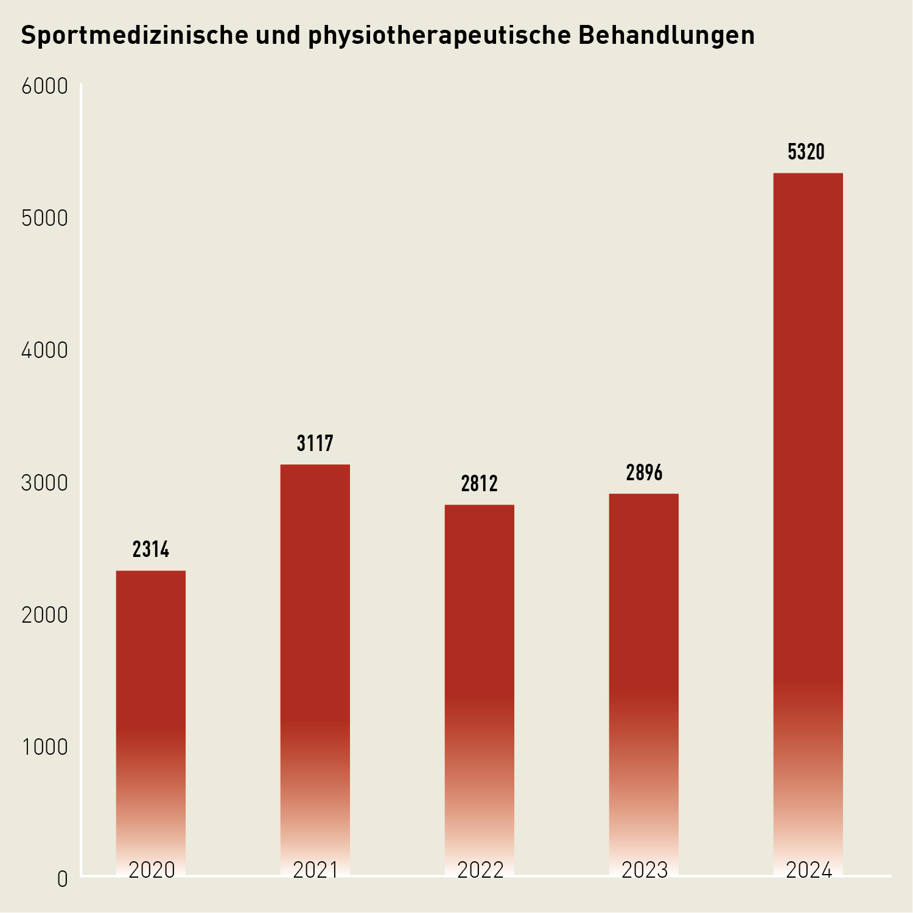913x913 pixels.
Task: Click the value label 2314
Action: (151, 550)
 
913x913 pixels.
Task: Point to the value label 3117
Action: (315, 444)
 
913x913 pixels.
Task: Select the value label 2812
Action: (480, 484)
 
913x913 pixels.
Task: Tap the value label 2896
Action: (644, 473)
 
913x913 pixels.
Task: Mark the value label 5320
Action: (806, 152)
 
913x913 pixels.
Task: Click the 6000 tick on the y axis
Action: (44, 87)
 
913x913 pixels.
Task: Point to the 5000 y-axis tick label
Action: (44, 219)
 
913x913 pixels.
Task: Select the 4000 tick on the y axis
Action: (44, 351)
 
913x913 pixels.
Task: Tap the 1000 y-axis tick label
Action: (44, 747)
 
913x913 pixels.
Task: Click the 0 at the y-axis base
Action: (62, 880)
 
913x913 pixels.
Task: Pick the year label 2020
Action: (152, 870)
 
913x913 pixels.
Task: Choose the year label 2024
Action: (809, 870)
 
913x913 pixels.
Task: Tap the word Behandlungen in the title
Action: (666, 36)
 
